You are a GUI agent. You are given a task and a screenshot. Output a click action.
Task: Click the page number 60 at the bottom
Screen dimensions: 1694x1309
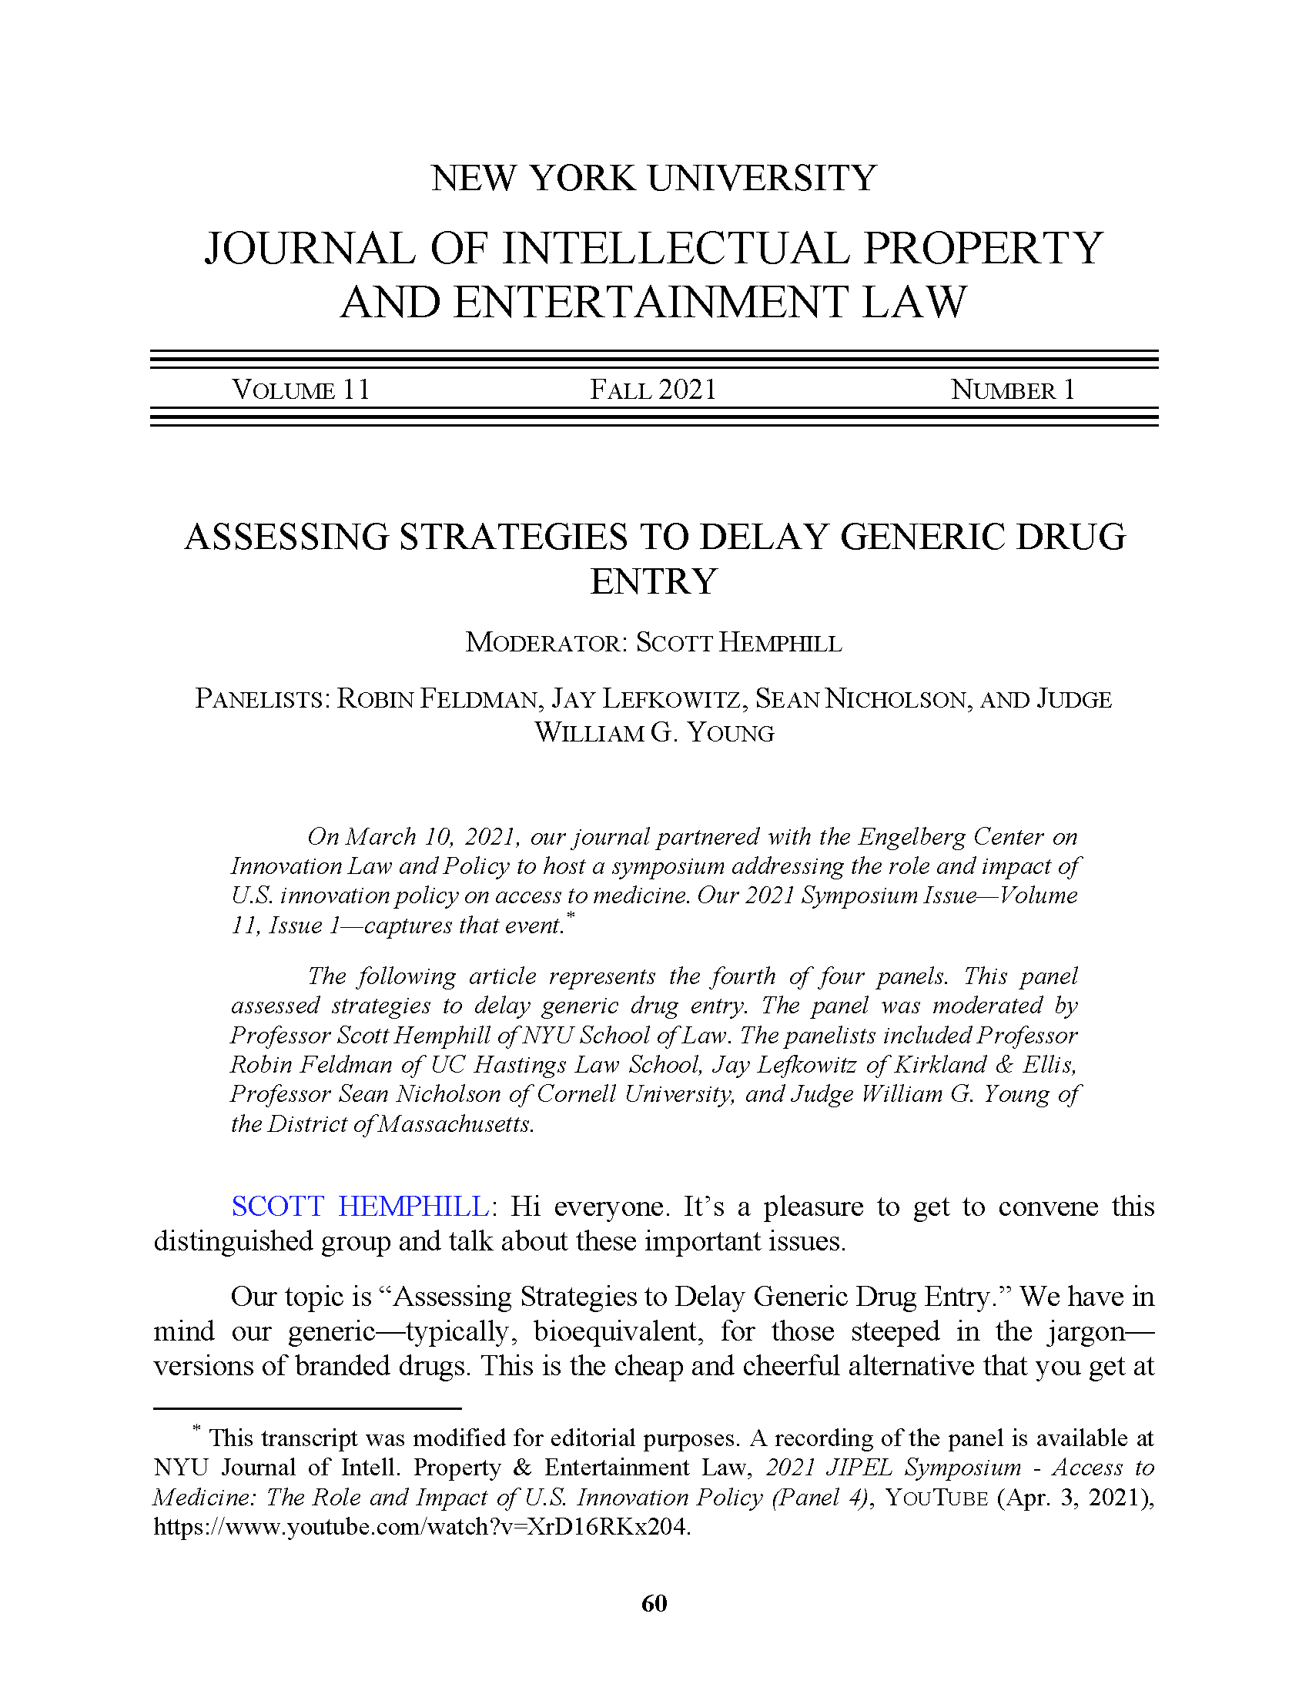654,1603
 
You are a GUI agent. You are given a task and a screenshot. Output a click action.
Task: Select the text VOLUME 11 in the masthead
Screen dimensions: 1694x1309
301,390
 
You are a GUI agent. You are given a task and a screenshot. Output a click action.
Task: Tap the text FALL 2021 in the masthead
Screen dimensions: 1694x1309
653,390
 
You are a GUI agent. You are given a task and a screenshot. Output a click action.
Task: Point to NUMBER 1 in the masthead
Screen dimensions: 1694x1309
1013,390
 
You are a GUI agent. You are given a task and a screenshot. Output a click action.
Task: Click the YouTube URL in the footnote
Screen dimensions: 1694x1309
422,1526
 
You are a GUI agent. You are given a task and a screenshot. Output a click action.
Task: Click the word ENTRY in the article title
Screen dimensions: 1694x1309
654,581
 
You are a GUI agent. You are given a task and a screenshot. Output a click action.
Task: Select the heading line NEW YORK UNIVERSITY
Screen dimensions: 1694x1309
654,179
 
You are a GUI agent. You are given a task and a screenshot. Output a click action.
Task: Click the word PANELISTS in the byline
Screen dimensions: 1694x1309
260,699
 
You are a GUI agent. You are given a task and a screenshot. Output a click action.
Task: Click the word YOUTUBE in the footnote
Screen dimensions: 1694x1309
936,1497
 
